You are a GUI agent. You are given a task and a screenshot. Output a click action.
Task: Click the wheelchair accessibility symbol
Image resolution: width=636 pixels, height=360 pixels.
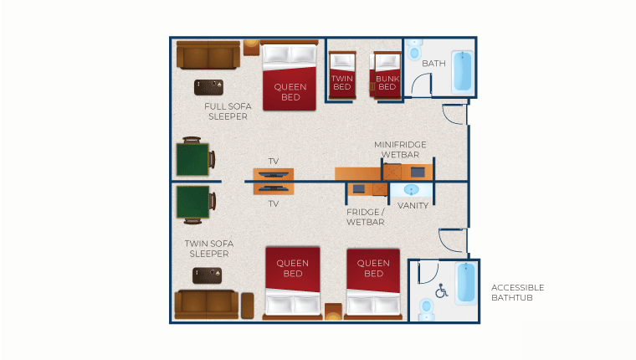click(441, 291)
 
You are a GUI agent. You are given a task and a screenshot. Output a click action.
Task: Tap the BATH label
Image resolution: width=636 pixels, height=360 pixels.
click(433, 64)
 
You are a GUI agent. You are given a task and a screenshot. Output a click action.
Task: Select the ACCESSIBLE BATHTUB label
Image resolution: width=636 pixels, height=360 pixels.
click(517, 293)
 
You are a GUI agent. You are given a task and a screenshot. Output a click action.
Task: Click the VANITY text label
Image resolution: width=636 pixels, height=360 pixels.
click(413, 205)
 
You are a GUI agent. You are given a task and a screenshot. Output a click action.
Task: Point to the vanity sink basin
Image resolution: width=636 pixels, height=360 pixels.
click(411, 189)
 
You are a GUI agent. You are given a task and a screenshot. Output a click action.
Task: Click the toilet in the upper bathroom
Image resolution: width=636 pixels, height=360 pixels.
click(414, 49)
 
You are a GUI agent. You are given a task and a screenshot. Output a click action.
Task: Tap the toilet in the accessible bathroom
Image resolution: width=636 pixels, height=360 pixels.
click(426, 310)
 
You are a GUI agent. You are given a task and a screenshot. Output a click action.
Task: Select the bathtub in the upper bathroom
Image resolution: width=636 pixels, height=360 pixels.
click(463, 71)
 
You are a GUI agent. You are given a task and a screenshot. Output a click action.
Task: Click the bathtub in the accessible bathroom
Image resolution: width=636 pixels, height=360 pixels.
click(466, 283)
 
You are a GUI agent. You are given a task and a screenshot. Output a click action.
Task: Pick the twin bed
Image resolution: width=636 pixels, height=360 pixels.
click(342, 75)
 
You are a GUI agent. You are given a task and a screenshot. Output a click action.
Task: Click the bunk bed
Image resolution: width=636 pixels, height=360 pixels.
click(386, 75)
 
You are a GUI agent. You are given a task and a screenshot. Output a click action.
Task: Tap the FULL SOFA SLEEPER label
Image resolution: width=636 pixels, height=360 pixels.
click(228, 111)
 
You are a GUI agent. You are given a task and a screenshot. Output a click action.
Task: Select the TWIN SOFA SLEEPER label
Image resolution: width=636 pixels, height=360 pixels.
click(209, 249)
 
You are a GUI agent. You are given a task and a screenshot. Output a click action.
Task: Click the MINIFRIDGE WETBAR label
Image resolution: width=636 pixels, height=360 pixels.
click(400, 149)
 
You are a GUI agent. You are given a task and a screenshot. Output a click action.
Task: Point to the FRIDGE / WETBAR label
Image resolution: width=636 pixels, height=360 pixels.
click(365, 217)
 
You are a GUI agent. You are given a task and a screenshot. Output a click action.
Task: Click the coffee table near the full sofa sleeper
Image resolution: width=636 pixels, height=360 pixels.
click(208, 87)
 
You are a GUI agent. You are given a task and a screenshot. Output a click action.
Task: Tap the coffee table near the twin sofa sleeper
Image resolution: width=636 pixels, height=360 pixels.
click(207, 275)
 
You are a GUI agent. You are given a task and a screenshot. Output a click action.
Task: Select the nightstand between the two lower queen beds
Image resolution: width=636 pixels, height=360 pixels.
click(333, 311)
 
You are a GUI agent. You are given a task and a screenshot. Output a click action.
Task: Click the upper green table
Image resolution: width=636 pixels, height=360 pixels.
click(193, 159)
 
